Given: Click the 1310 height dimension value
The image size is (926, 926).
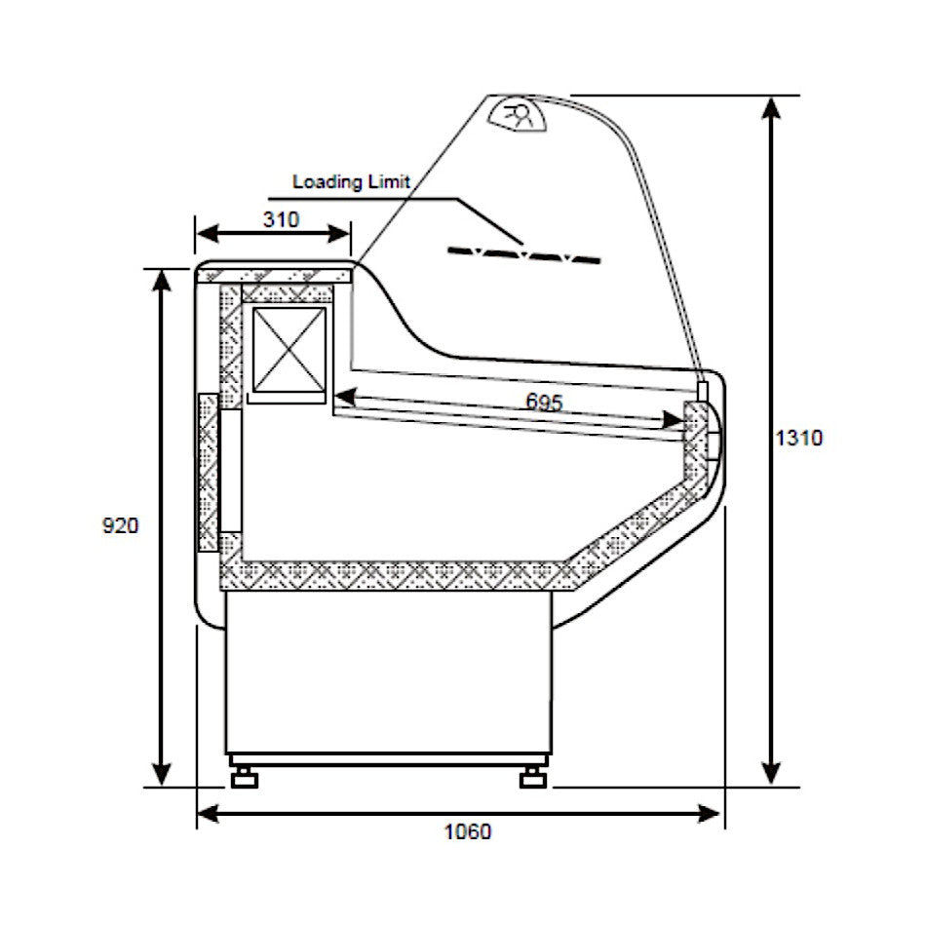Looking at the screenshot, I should coord(798,438).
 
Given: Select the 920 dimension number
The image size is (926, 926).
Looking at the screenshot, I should coord(121,525).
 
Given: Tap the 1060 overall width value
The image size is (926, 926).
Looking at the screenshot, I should coord(468,831).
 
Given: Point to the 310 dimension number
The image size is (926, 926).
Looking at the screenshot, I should coord(281,219).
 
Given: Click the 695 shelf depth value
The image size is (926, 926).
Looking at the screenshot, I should coord(544,401).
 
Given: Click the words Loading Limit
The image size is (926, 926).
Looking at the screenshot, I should coord(352,181).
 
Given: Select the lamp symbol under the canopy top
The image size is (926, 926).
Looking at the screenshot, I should coord(519,115).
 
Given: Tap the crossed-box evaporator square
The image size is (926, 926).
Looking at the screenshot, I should coord(290,348).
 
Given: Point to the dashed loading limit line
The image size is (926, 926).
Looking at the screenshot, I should coord(523,255).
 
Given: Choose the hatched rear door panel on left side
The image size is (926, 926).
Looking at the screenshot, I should coord(208,473).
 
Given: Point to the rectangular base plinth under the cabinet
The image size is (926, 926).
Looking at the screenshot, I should coord(388,673).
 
